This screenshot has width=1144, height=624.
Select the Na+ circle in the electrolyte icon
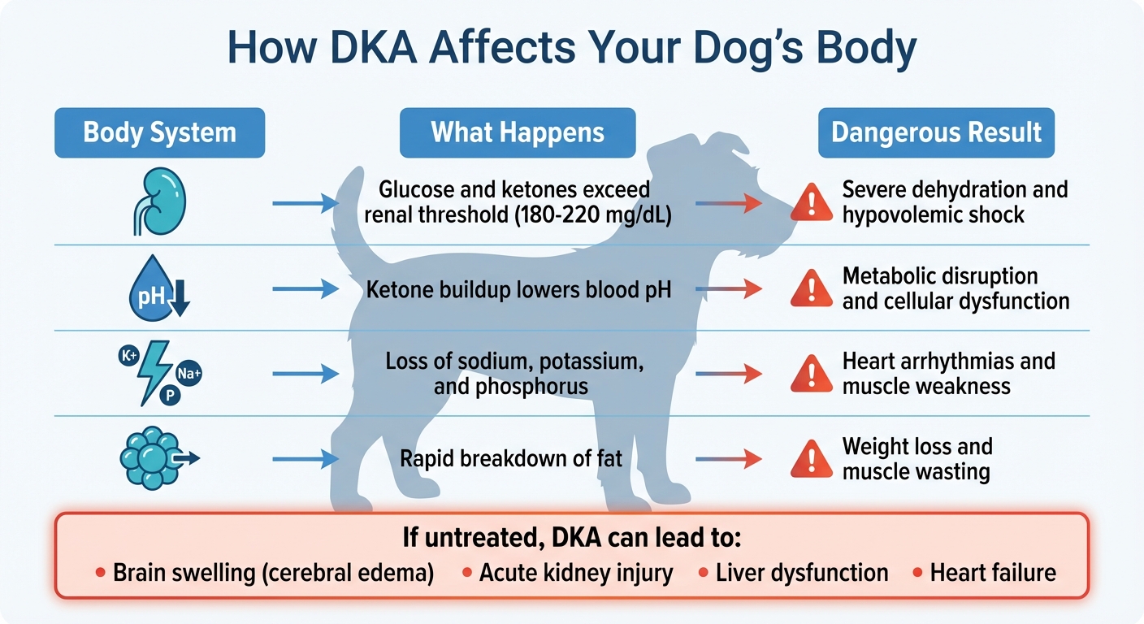[188, 374]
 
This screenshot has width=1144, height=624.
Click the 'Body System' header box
[159, 132]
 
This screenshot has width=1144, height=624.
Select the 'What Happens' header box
[518, 132]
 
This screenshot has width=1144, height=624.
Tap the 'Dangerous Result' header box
[936, 132]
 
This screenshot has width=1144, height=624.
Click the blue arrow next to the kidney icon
[305, 202]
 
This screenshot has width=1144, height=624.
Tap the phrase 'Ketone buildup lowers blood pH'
[519, 288]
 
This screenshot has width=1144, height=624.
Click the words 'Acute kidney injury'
[576, 573]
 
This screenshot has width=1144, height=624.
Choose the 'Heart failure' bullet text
[993, 573]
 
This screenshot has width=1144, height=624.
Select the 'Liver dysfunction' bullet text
[801, 573]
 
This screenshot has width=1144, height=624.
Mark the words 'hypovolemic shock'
[933, 215]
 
